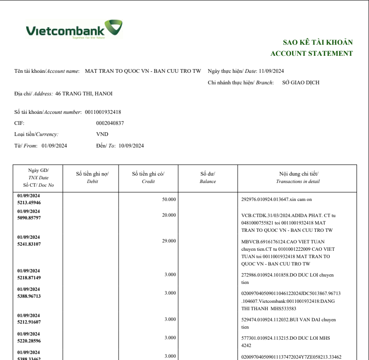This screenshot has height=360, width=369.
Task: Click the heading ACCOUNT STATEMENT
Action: (311, 53)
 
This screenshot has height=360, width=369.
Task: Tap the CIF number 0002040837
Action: (110, 123)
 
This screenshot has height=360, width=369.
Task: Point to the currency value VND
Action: (102, 134)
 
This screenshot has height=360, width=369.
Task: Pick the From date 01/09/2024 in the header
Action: (54, 146)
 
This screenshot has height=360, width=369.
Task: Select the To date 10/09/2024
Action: (131, 146)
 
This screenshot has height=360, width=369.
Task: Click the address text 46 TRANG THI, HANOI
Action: (83, 94)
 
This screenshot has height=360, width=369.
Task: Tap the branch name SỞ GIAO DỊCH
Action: (301, 83)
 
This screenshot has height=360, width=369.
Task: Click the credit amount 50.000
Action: (169, 199)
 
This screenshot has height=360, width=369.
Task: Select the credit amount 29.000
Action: (169, 241)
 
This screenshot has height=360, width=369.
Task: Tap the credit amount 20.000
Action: (169, 215)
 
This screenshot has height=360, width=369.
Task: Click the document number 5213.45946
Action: (29, 202)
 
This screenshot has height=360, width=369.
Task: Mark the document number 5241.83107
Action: (29, 244)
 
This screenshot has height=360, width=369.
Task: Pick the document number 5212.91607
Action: (29, 322)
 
